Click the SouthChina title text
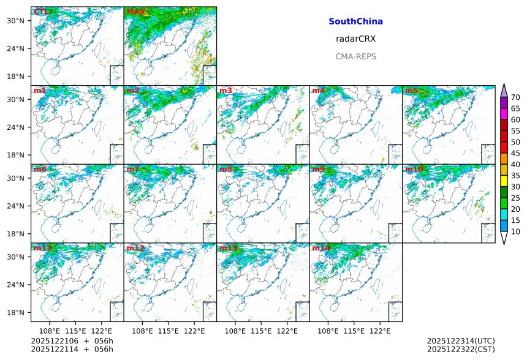[355, 21]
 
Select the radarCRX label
[355, 39]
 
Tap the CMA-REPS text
[355, 56]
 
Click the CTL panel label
[42, 12]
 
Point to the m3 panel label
[226, 91]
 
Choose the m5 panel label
[411, 91]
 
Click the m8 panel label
[226, 169]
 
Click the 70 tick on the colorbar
[515, 97]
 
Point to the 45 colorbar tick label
[515, 153]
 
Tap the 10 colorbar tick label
[515, 231]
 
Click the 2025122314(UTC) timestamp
[461, 340]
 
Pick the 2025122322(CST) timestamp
[461, 350]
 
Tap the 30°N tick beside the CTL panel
[18, 21]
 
